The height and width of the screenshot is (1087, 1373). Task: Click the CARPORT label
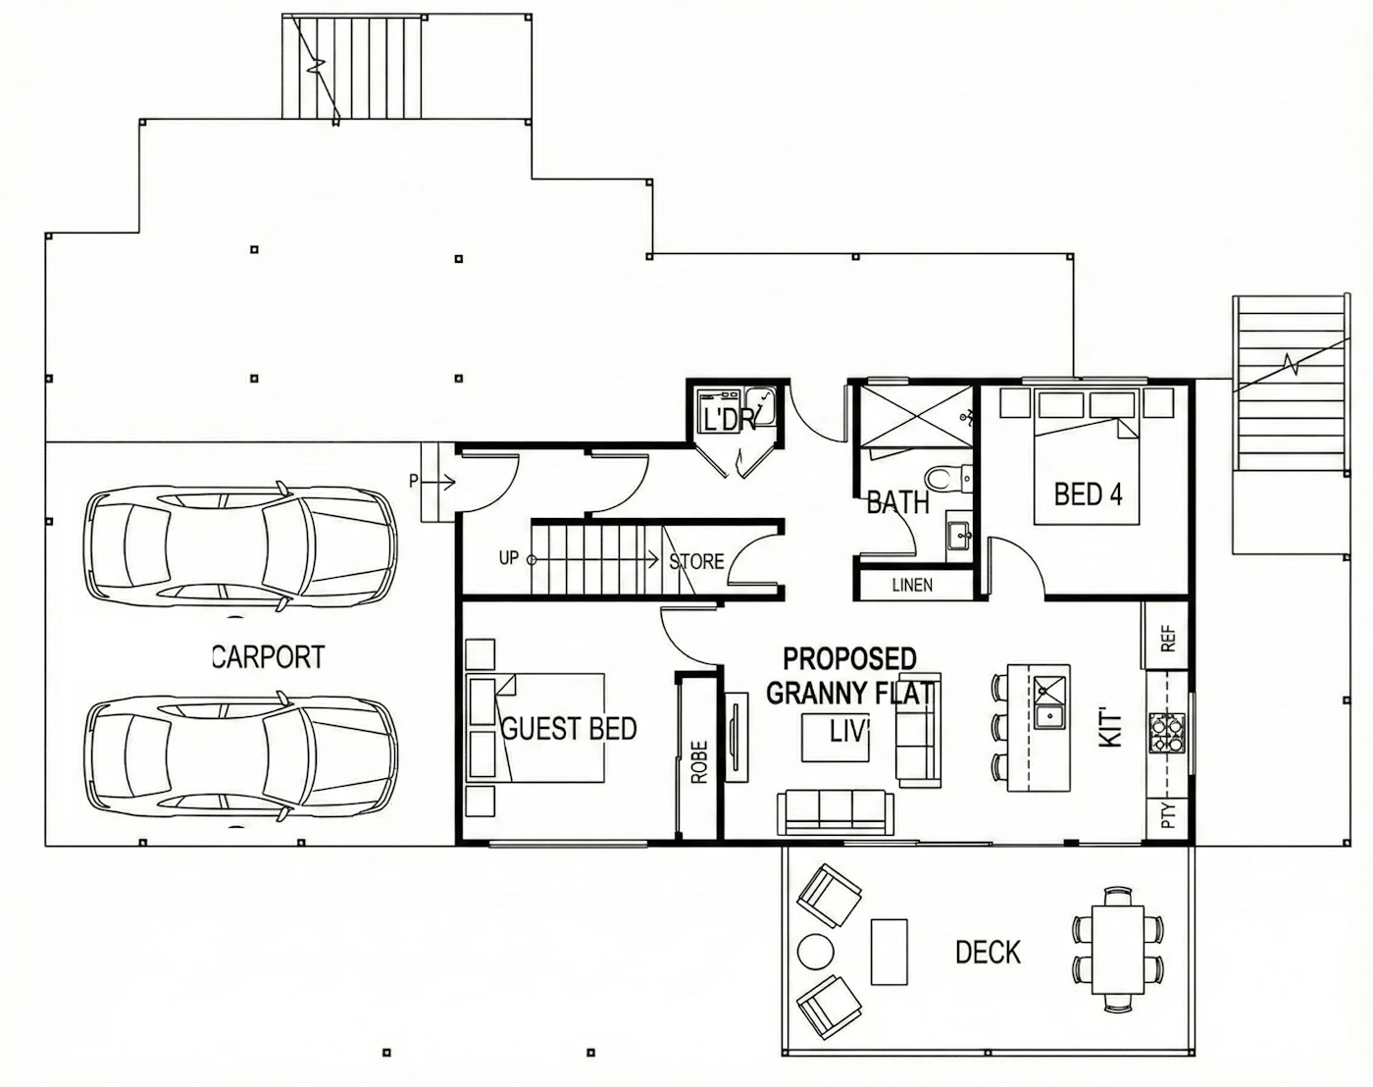(x=268, y=656)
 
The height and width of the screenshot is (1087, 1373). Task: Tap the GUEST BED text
(x=569, y=729)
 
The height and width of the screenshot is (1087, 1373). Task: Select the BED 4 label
(x=1088, y=494)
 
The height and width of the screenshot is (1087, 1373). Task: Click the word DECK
(x=988, y=953)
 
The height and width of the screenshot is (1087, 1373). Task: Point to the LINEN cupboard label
(x=912, y=585)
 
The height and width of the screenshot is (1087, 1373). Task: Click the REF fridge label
(x=1168, y=638)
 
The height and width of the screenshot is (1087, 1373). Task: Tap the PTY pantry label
(x=1168, y=815)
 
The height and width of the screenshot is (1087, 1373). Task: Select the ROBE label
(x=700, y=761)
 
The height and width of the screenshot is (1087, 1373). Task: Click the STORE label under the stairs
(x=696, y=562)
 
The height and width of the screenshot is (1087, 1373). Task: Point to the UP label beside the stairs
(x=508, y=558)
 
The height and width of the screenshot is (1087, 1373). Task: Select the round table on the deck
(x=815, y=952)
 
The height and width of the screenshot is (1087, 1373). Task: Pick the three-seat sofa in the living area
(x=836, y=812)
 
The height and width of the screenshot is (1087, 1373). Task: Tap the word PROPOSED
(x=850, y=658)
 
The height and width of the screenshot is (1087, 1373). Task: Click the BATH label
(x=897, y=503)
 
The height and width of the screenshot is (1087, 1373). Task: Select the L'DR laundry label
(x=729, y=419)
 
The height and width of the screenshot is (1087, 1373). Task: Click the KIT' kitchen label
(x=1111, y=730)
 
